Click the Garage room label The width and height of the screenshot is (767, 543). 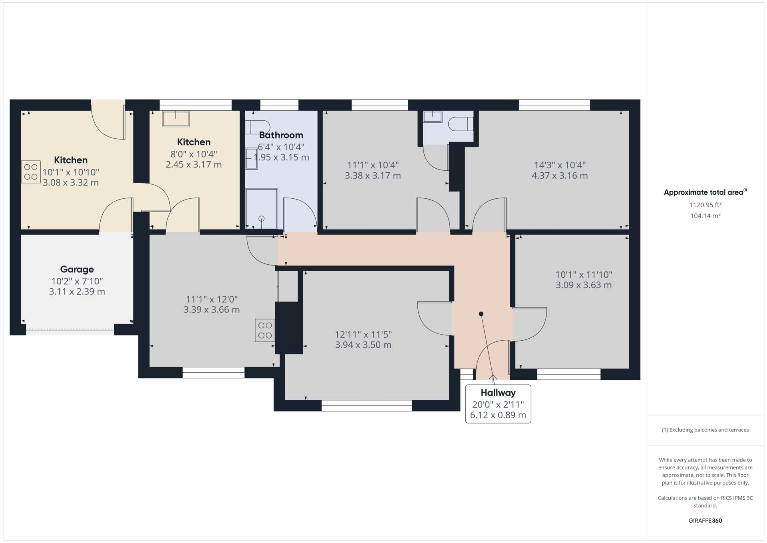pyautogui.click(x=77, y=270)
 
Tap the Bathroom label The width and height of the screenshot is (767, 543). pyautogui.click(x=281, y=135)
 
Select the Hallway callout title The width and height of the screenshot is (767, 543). pyautogui.click(x=498, y=393)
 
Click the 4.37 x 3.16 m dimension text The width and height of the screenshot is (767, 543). pyautogui.click(x=560, y=176)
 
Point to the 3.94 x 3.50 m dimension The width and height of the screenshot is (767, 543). pyautogui.click(x=363, y=345)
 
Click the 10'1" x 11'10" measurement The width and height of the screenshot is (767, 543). pyautogui.click(x=584, y=275)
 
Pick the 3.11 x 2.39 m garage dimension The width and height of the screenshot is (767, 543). pyautogui.click(x=77, y=292)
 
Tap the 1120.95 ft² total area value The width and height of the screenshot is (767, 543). pyautogui.click(x=705, y=205)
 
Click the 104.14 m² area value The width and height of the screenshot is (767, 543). pyautogui.click(x=705, y=216)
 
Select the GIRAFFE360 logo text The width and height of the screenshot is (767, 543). pyautogui.click(x=705, y=521)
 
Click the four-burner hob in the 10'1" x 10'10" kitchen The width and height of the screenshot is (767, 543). pyautogui.click(x=31, y=172)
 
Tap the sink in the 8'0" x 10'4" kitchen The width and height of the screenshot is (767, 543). pyautogui.click(x=176, y=119)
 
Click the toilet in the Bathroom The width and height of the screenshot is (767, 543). pyautogui.click(x=253, y=127)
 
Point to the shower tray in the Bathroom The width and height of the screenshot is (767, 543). pyautogui.click(x=262, y=209)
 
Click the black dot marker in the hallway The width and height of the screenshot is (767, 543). pyautogui.click(x=481, y=314)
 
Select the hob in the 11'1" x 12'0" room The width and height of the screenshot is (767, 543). pyautogui.click(x=265, y=330)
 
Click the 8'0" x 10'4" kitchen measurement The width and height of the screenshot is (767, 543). pyautogui.click(x=194, y=154)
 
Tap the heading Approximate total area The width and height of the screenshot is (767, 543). pyautogui.click(x=705, y=192)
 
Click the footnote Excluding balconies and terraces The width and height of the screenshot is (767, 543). pyautogui.click(x=705, y=430)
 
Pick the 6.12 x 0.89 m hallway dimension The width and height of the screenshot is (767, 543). pyautogui.click(x=498, y=415)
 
